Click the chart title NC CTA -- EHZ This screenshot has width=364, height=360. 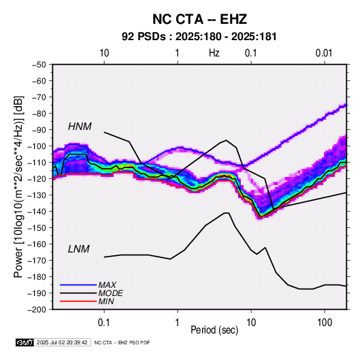(x=199, y=19)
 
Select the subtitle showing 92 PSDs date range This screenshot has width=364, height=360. (x=199, y=37)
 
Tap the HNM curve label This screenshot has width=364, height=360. (x=80, y=127)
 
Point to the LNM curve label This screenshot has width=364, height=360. (x=79, y=249)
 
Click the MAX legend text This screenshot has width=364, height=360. (x=107, y=284)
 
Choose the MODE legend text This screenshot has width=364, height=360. (x=110, y=293)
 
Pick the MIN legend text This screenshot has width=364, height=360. (x=106, y=301)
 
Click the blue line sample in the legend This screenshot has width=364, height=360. (x=78, y=284)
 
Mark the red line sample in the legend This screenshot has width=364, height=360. (x=78, y=301)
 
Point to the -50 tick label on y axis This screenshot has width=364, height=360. (x=39, y=65)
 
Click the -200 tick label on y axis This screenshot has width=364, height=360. (x=37, y=310)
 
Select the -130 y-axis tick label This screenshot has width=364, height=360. (x=37, y=195)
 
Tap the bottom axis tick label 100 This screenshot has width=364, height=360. (x=325, y=323)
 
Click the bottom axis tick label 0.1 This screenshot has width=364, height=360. (x=104, y=323)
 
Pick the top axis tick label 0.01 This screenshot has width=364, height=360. (x=324, y=53)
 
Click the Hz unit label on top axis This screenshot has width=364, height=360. (x=214, y=53)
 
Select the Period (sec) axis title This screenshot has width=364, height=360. (x=214, y=330)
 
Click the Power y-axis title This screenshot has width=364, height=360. (x=18, y=186)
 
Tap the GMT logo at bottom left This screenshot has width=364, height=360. (x=24, y=342)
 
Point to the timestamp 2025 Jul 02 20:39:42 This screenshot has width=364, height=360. (x=62, y=342)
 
